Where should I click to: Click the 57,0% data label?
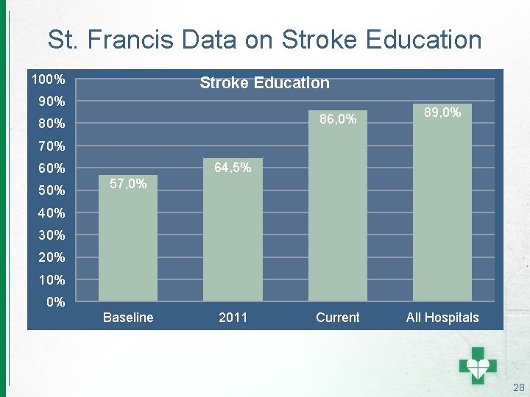[127, 183]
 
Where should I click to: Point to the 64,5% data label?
[233, 168]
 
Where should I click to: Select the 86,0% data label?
[338, 118]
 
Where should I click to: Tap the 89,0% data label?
[442, 112]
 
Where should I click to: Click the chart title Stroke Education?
[264, 83]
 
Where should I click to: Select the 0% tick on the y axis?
[56, 302]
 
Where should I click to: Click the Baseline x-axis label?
[128, 318]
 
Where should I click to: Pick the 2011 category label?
[233, 318]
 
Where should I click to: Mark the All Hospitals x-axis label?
[442, 318]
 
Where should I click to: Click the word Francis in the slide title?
[141, 39]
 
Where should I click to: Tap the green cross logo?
[478, 362]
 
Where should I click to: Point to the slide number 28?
[518, 387]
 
